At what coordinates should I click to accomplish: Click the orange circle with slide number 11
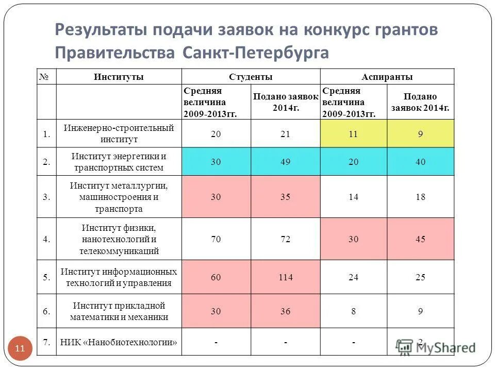20,349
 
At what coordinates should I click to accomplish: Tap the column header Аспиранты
387,77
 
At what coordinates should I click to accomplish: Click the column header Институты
119,77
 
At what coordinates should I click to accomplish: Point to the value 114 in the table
285,277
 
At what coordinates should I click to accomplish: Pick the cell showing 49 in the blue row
285,162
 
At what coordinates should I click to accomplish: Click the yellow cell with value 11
353,134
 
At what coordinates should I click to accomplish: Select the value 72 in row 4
285,239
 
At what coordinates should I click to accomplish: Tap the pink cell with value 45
420,239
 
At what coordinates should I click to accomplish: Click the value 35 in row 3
285,197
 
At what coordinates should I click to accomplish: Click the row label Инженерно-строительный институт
119,134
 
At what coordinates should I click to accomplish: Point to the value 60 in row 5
216,277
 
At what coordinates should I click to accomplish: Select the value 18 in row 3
420,197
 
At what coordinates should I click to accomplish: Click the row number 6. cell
46,311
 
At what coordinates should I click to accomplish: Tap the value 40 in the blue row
420,162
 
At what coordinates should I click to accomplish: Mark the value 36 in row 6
285,311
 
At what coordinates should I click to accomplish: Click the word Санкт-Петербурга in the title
255,53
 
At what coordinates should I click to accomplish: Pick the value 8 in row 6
353,311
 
